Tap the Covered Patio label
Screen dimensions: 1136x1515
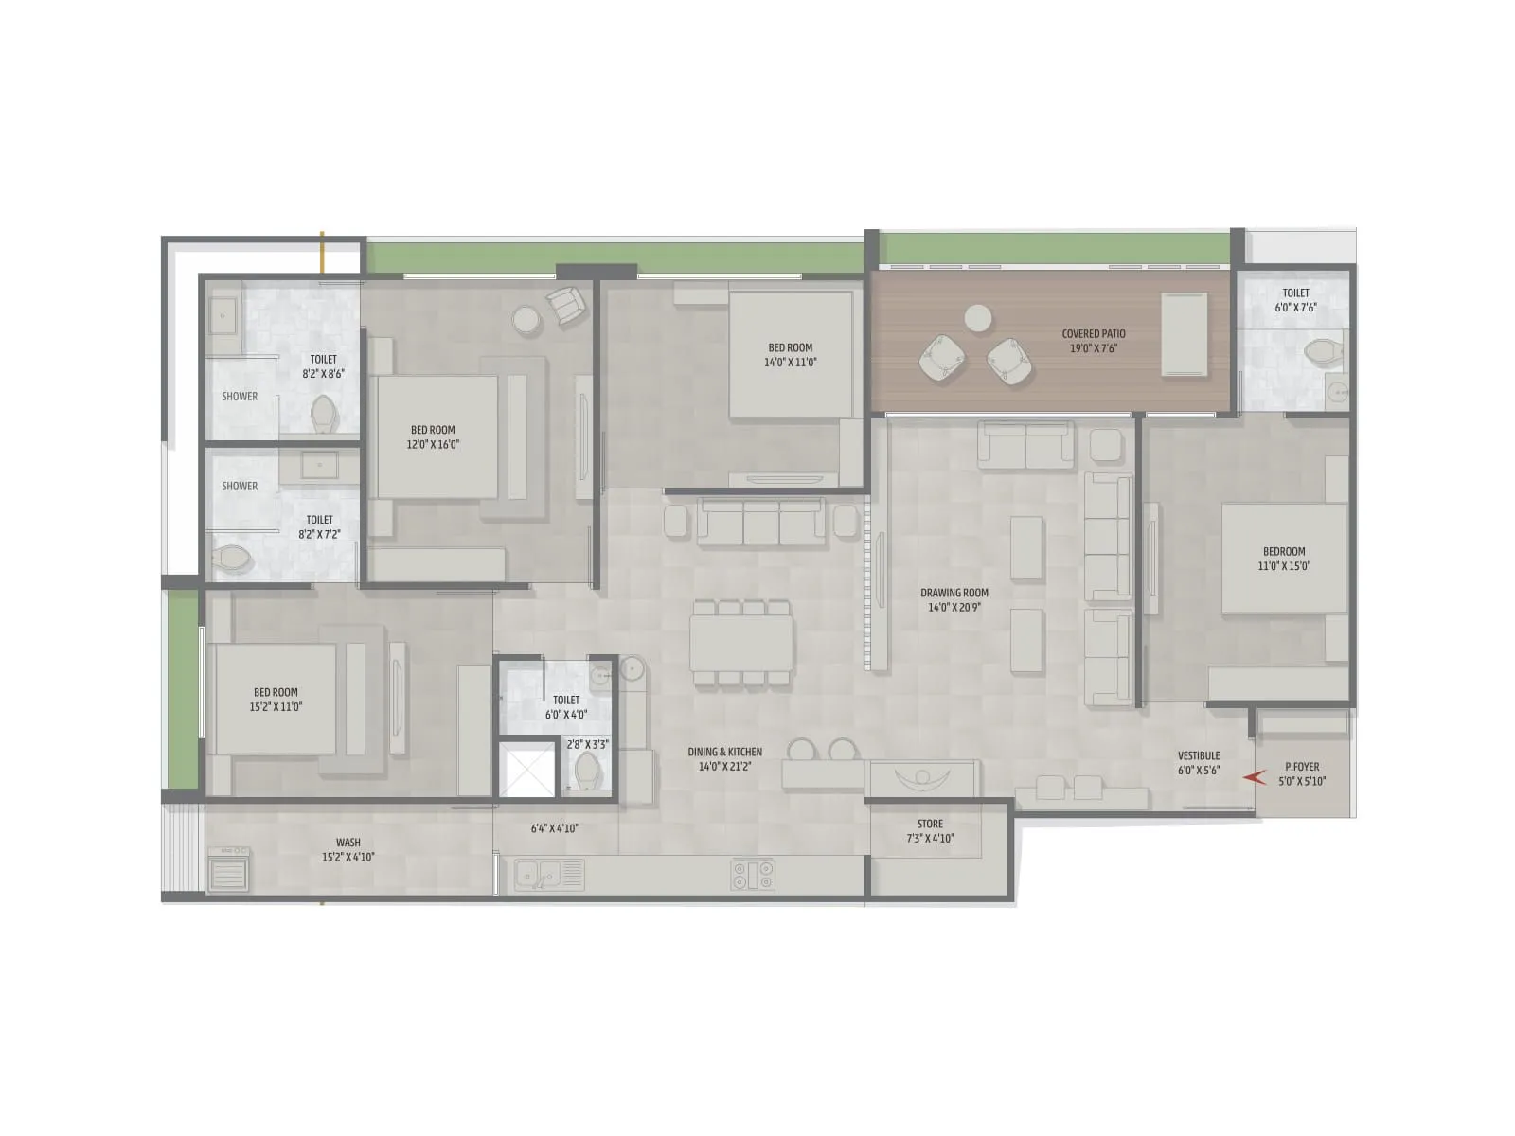(x=1094, y=333)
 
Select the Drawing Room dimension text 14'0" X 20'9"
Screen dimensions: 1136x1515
(x=954, y=608)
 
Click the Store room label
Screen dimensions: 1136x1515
(x=930, y=824)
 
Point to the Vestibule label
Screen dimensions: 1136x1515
(x=1199, y=755)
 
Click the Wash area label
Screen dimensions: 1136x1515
(x=348, y=842)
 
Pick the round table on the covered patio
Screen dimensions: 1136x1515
(x=978, y=318)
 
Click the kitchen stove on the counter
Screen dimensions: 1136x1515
(x=753, y=875)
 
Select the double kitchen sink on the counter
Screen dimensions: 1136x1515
(x=539, y=875)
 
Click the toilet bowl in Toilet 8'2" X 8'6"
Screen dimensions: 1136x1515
(x=324, y=413)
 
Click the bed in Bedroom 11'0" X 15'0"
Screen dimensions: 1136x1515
(x=1283, y=559)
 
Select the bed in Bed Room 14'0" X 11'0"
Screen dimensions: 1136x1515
(x=791, y=354)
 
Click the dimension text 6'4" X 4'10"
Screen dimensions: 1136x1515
(x=555, y=828)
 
